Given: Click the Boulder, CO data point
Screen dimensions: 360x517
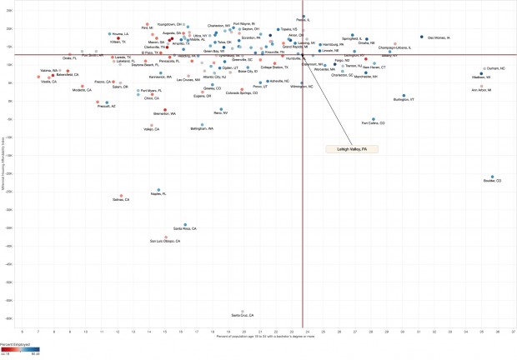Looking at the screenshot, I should [492, 177].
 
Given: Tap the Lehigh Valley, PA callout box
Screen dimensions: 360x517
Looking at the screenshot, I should [353, 148].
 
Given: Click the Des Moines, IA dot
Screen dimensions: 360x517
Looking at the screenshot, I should [421, 37].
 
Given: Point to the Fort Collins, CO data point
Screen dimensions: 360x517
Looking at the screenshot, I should [374, 118].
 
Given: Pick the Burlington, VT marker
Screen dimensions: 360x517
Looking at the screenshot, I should [404, 96].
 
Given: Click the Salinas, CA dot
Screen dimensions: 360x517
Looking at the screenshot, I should [122, 196].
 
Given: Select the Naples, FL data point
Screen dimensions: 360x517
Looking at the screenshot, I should [158, 190].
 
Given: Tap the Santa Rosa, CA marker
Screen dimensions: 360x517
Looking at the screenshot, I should [185, 223].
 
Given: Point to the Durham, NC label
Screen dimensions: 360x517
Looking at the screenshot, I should [496, 68].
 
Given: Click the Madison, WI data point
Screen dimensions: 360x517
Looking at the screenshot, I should [480, 73].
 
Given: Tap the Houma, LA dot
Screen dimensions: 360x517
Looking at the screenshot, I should [109, 34].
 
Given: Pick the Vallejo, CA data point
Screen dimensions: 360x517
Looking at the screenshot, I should [151, 125].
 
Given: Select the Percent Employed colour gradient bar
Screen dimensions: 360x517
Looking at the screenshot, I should [22, 350].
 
